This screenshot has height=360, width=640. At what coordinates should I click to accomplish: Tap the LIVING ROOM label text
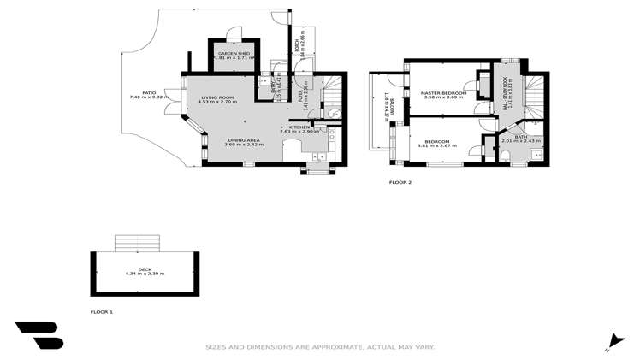(x=217, y=98)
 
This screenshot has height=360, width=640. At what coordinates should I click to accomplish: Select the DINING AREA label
(x=244, y=140)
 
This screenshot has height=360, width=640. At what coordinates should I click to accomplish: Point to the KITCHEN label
(x=299, y=127)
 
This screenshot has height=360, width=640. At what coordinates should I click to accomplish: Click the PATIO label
(x=148, y=92)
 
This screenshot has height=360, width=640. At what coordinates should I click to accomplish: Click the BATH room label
(x=520, y=136)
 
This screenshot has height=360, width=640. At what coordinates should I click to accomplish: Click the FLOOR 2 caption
(x=400, y=182)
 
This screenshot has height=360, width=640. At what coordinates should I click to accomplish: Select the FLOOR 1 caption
(x=102, y=312)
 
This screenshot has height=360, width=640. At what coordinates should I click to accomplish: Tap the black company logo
(x=39, y=335)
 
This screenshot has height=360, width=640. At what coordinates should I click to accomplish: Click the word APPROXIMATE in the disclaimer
(x=340, y=347)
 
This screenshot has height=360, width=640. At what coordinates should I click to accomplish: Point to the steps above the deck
(x=138, y=242)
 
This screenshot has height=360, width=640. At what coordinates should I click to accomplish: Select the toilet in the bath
(x=505, y=154)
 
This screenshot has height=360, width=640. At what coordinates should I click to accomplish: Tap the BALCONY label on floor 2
(x=387, y=105)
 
